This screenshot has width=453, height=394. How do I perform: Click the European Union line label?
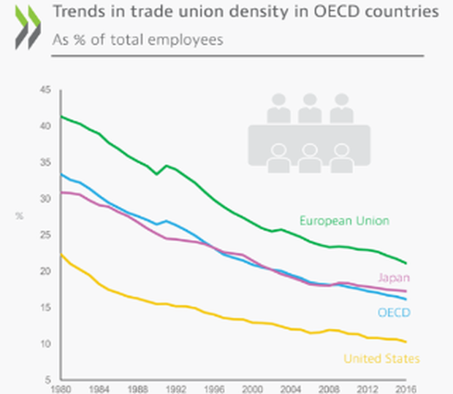[344, 220]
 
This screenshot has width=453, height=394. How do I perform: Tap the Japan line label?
[394, 278]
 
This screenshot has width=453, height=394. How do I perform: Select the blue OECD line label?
[393, 313]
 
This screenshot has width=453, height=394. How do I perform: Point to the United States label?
[381, 358]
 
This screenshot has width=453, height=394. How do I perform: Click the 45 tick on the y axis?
[45, 90]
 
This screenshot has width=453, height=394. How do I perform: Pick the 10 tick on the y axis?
[45, 344]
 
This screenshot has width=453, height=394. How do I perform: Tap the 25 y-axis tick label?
[45, 235]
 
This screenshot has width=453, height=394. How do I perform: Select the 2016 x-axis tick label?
[406, 389]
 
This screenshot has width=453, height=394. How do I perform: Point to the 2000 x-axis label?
[252, 389]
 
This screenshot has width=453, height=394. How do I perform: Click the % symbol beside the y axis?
[20, 217]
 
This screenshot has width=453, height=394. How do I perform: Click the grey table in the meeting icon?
[309, 136]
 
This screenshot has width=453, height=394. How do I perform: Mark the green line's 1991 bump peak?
[167, 166]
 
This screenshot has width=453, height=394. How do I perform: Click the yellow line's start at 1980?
[61, 255]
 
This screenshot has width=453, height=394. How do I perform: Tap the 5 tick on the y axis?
[48, 380]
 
